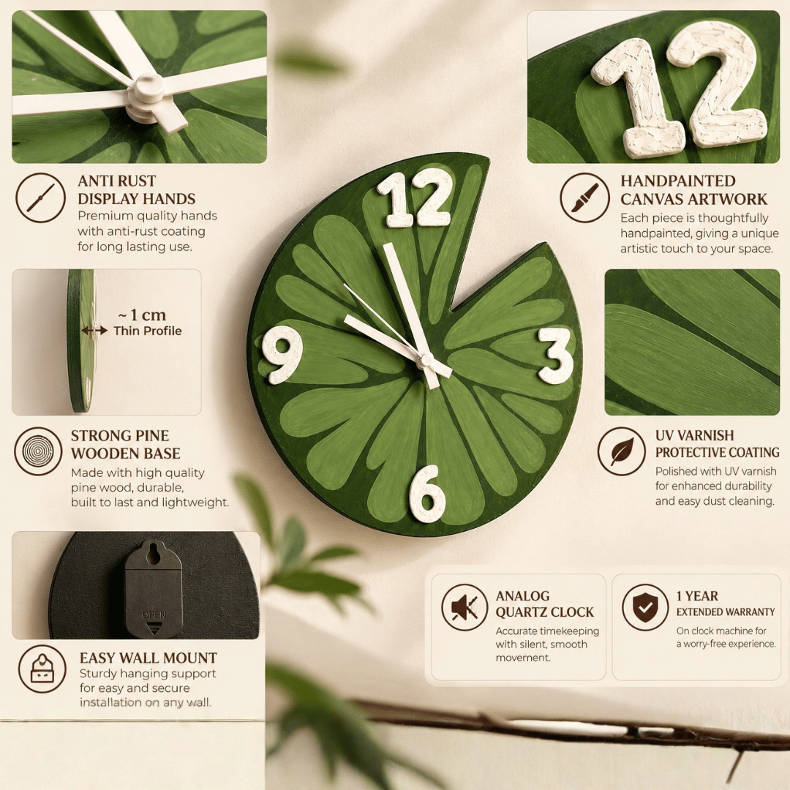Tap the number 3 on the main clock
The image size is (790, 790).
pyautogui.click(x=556, y=355)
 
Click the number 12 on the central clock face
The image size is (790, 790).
pyautogui.click(x=414, y=200)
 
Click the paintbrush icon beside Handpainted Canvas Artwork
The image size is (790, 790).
pyautogui.click(x=585, y=198)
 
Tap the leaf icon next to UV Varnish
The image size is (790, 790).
pyautogui.click(x=622, y=451)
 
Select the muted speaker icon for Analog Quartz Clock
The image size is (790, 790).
pyautogui.click(x=464, y=608)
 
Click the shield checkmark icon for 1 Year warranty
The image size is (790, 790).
pyautogui.click(x=645, y=608)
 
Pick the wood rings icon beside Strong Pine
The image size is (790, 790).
pyautogui.click(x=38, y=451)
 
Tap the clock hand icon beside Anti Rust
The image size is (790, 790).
pyautogui.click(x=40, y=198)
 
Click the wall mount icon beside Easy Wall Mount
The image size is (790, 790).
pyautogui.click(x=42, y=669)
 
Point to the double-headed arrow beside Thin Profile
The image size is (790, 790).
pyautogui.click(x=94, y=331)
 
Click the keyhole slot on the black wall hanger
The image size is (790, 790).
pyautogui.click(x=153, y=554)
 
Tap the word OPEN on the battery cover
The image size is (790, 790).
pyautogui.click(x=154, y=615)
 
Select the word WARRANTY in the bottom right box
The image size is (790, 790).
pyautogui.click(x=751, y=612)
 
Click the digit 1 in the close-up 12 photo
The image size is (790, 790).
pyautogui.click(x=636, y=96)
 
